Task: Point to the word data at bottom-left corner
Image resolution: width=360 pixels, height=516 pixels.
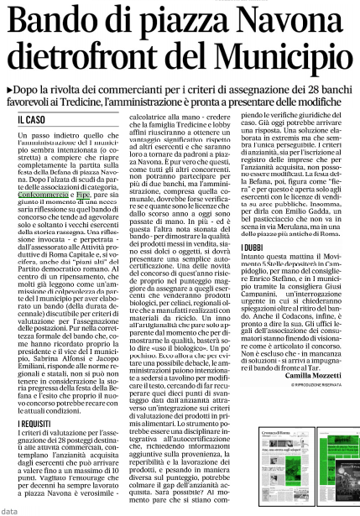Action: pyautogui.click(x=9, y=509)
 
